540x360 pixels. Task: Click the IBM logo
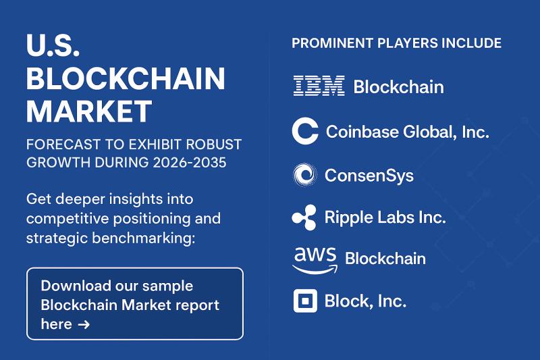click(319, 86)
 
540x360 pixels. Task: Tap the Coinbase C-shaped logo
click(304, 131)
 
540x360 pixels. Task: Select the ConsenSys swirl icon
click(304, 176)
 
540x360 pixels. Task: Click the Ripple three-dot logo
click(304, 217)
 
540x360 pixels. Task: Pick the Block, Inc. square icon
click(305, 301)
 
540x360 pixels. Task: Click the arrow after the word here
click(84, 325)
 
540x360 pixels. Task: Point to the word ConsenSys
click(369, 176)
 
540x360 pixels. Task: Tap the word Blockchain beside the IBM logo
click(398, 86)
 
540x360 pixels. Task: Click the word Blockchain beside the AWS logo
click(385, 259)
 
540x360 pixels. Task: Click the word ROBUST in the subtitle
click(213, 145)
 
